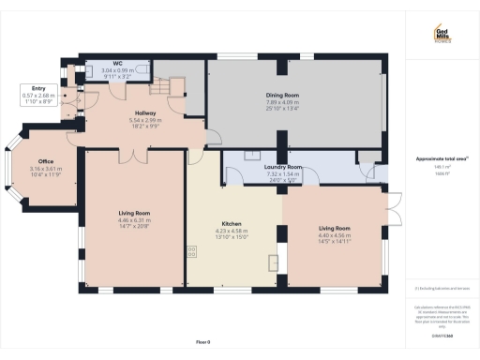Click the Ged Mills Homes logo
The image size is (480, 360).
tap(440, 33)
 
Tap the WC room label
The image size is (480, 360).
tap(117, 68)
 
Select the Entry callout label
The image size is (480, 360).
tap(38, 95)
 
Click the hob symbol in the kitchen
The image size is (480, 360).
tap(193, 251)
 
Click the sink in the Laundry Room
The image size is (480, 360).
tap(253, 154)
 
